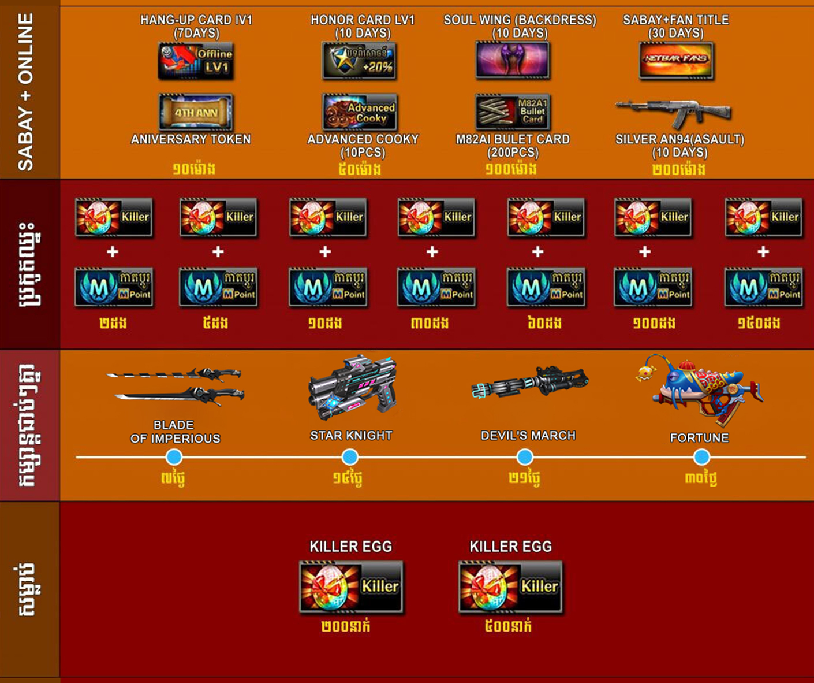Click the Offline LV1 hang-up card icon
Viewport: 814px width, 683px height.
[x=196, y=61]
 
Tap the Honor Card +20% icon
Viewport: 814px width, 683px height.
[x=359, y=61]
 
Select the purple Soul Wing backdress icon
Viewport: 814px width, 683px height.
[x=512, y=60]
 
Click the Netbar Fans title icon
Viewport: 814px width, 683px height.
[x=676, y=60]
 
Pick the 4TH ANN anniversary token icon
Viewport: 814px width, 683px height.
[x=196, y=112]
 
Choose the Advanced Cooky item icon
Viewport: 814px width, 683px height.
[x=360, y=112]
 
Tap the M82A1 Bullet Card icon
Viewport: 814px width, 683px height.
[x=512, y=112]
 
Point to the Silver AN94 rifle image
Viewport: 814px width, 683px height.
[x=673, y=112]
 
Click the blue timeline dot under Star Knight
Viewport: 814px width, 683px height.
[x=350, y=457]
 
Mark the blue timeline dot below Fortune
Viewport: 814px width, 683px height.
[x=701, y=457]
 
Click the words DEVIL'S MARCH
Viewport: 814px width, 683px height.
[x=528, y=436]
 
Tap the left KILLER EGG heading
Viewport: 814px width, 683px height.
[x=350, y=547]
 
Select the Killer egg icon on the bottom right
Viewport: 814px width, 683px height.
[x=510, y=587]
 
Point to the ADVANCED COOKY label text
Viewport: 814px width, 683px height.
[x=363, y=139]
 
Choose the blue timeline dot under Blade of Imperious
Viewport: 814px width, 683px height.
[x=174, y=457]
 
